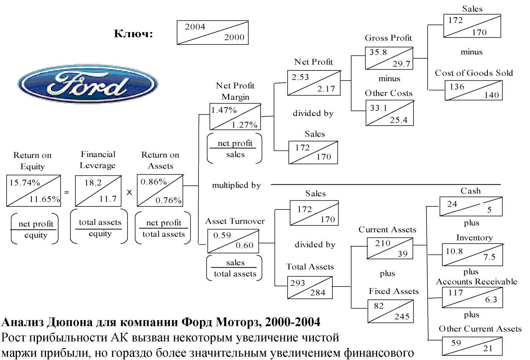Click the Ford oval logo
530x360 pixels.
88,83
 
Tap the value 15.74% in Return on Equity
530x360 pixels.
25,183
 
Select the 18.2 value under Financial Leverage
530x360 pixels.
93,183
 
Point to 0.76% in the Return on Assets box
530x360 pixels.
168,200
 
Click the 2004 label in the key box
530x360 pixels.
195,27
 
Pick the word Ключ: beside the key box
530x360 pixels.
133,34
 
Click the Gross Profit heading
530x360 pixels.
388,38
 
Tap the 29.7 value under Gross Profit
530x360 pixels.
401,64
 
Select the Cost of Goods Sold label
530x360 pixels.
474,73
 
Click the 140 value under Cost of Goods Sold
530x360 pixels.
491,95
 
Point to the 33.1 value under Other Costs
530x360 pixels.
379,108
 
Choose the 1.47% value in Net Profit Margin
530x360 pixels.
224,110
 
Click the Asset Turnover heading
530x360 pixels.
235,221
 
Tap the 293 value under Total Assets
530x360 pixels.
298,283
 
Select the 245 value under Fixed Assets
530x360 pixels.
402,316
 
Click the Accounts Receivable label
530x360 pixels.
476,281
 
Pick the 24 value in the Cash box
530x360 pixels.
452,204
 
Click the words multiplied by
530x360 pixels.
236,185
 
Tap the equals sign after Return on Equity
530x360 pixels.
67,192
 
